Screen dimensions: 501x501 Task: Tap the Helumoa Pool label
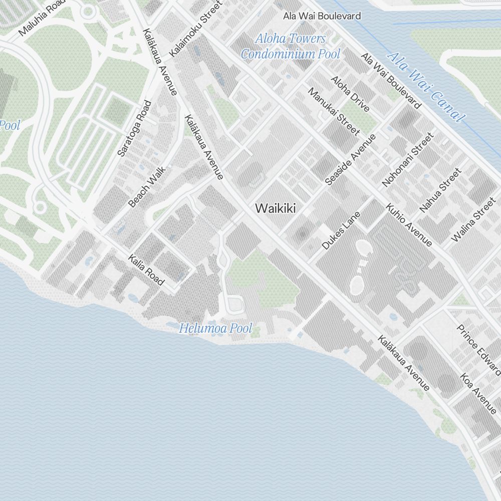click(215, 329)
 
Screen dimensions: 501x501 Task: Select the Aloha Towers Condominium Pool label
click(290, 46)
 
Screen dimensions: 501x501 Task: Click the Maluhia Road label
click(42, 21)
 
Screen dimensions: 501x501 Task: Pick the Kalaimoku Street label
click(196, 30)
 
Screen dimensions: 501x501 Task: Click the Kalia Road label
click(146, 270)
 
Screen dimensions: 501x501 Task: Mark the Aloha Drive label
click(350, 94)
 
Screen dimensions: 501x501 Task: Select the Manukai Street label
click(333, 112)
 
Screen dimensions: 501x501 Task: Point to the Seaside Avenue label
click(350, 160)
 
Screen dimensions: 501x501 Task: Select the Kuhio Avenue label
click(408, 225)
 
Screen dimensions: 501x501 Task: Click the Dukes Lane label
click(341, 230)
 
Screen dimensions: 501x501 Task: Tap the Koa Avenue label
click(478, 393)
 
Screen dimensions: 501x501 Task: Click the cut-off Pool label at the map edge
click(10, 125)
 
